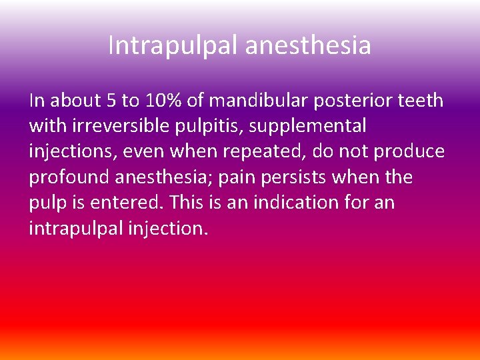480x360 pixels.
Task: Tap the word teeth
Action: [423, 100]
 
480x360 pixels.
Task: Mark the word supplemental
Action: [308, 126]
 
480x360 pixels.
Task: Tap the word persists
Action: [280, 178]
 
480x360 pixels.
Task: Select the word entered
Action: [139, 203]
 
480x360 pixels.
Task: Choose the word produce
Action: [409, 152]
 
